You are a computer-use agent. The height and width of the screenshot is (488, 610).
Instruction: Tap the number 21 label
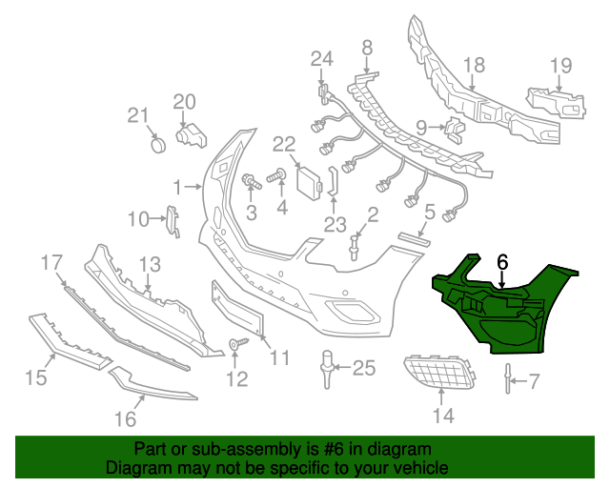pos(139,115)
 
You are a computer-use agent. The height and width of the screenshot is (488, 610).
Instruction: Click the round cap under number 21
pos(158,145)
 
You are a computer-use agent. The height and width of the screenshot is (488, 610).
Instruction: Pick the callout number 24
pos(321,59)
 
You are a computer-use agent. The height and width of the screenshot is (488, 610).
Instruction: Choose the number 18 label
pos(474,66)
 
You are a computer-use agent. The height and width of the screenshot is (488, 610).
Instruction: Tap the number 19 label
pos(560,66)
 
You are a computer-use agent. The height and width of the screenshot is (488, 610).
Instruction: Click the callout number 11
pos(278,357)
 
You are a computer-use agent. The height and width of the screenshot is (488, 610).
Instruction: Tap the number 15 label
pos(35,378)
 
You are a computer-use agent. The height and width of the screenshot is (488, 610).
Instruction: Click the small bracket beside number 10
pos(173,220)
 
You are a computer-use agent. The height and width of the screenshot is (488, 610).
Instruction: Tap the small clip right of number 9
pos(453,125)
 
